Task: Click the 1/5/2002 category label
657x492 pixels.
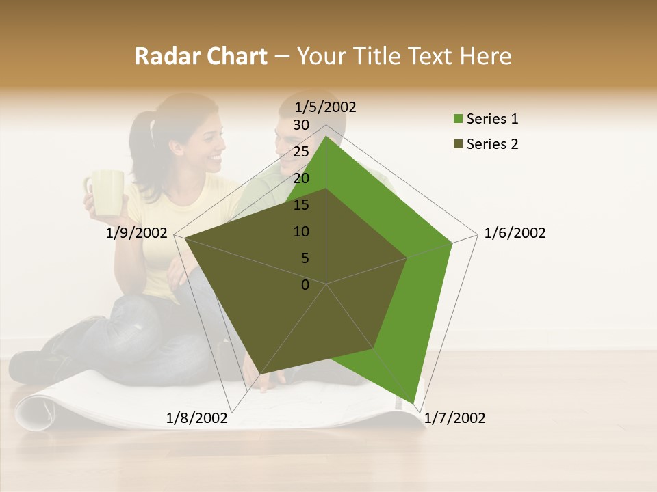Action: [325, 107]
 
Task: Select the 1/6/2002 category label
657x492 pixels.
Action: [515, 233]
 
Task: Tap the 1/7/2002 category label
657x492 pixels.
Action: [454, 418]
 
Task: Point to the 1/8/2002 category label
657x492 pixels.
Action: [196, 418]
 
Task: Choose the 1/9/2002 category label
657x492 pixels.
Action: [137, 233]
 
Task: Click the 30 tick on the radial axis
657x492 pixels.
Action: [301, 125]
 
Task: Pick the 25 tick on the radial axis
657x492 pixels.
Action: [301, 152]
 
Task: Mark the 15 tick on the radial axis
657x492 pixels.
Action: [301, 205]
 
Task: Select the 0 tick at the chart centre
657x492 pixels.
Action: [305, 285]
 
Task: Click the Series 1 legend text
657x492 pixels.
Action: [492, 119]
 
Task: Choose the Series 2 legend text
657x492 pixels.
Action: [492, 144]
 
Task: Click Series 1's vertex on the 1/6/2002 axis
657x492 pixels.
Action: [452, 243]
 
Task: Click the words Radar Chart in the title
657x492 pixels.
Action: [201, 56]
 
